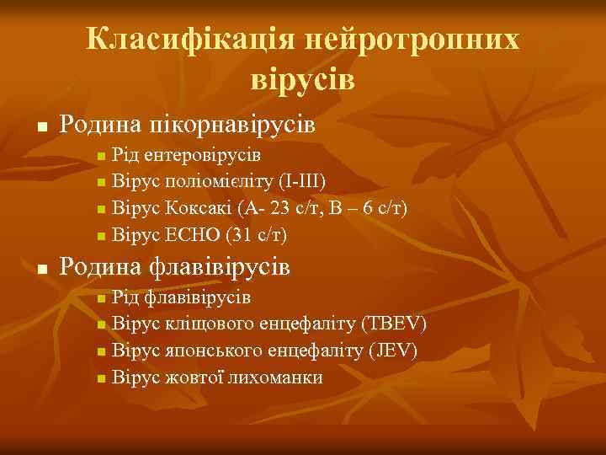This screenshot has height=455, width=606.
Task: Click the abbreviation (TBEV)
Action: [393, 324]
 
